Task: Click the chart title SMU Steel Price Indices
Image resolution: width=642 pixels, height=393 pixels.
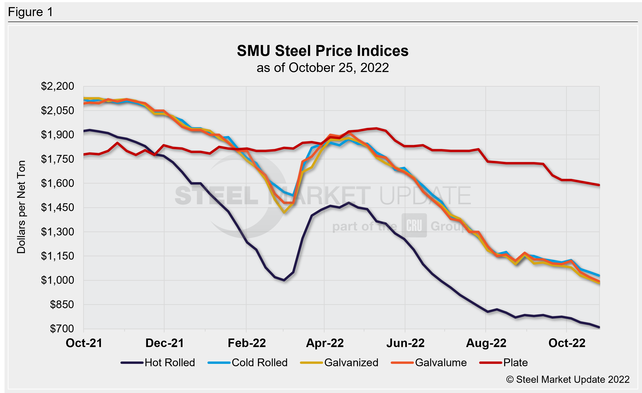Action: [323, 51]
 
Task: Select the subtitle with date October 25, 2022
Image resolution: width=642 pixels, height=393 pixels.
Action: [323, 68]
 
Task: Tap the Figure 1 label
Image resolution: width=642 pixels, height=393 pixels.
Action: [31, 12]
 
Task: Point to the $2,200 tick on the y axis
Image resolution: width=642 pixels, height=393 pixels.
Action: [57, 86]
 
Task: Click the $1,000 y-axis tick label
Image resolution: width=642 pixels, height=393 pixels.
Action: [57, 280]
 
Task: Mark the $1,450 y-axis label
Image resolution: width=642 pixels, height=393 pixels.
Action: [57, 208]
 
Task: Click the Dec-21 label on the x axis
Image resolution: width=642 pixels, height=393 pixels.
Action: [164, 343]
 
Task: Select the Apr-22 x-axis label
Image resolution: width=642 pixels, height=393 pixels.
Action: [325, 343]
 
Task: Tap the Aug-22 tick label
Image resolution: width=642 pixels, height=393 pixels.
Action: [486, 343]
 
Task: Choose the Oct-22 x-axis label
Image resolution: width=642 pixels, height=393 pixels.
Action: [567, 343]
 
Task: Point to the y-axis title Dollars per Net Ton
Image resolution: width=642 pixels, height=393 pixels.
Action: [21, 207]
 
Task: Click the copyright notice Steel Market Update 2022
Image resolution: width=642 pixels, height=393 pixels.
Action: [568, 379]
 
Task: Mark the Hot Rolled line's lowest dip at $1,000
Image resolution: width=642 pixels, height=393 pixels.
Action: [284, 280]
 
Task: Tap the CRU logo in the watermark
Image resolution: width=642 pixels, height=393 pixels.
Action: [414, 225]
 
